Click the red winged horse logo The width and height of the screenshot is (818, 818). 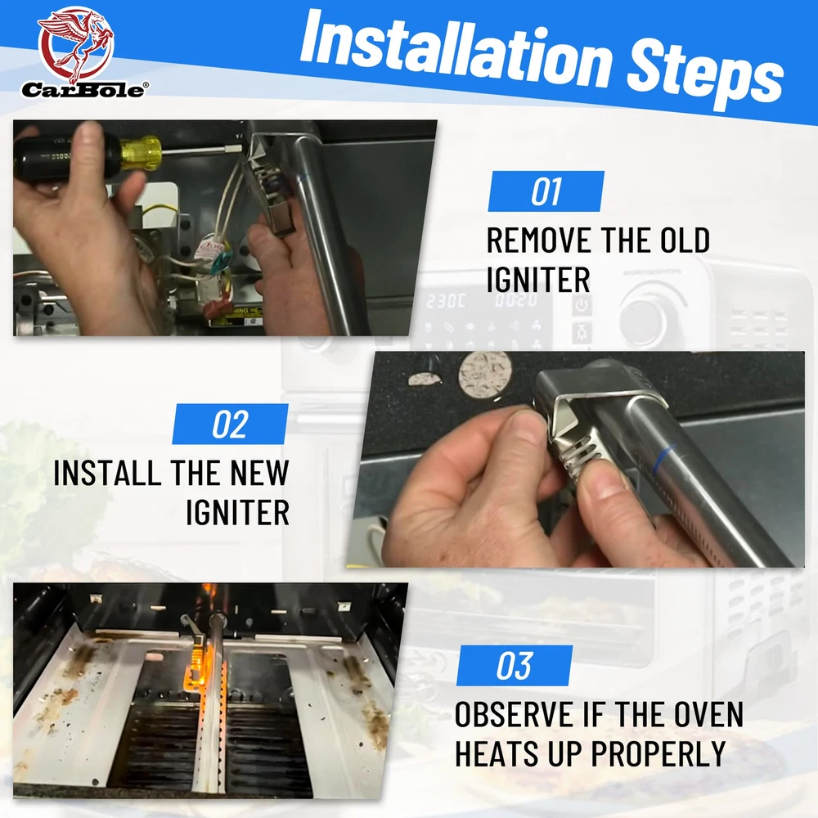point(75,45)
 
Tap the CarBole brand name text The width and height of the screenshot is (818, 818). point(84,90)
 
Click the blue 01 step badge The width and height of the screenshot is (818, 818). point(546,191)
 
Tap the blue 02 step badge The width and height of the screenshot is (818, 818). point(230,424)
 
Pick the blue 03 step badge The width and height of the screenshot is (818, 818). point(515,665)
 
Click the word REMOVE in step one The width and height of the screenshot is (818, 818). point(538,240)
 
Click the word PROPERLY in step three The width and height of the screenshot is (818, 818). point(658,753)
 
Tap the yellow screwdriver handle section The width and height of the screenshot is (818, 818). point(141,153)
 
